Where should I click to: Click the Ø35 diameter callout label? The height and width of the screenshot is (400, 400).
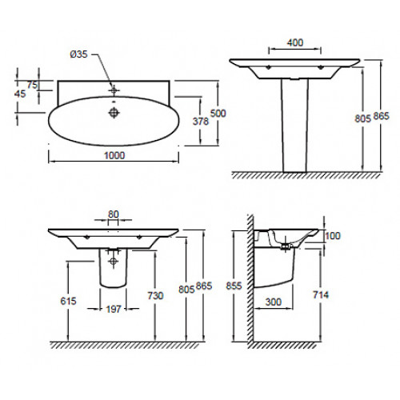point(78,54)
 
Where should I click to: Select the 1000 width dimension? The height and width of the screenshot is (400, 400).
point(114,155)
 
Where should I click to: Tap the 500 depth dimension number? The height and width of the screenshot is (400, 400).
point(218,114)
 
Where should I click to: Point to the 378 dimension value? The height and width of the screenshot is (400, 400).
point(201,122)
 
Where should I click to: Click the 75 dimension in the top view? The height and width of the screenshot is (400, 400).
point(32,85)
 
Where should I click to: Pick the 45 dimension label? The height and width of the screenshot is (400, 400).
point(20,94)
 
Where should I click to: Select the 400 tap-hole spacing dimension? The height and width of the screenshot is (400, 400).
point(295,42)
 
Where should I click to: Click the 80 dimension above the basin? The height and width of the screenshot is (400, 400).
point(114,214)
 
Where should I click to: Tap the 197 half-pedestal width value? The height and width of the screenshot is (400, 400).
point(114,310)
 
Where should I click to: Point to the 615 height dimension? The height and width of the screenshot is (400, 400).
point(68,301)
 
